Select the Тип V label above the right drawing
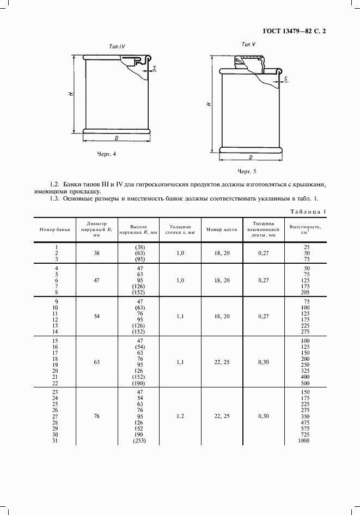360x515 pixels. [249, 44]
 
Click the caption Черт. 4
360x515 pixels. [107, 154]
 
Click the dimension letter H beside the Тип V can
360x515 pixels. [210, 104]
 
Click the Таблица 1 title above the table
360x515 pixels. [308, 211]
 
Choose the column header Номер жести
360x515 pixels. [222, 229]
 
